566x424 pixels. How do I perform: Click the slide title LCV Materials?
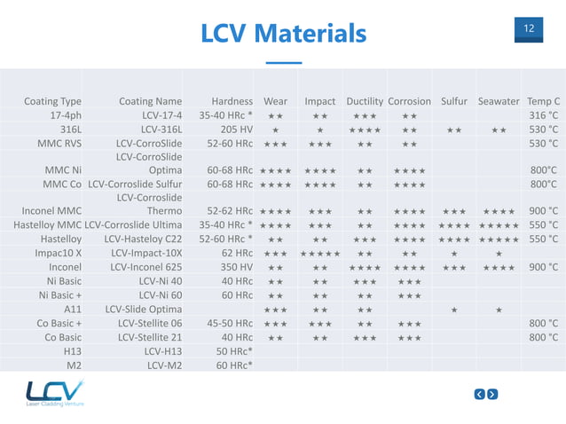click(x=283, y=34)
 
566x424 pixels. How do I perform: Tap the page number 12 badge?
click(x=529, y=29)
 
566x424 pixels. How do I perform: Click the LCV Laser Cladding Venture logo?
click(x=55, y=394)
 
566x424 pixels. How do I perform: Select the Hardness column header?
click(x=232, y=101)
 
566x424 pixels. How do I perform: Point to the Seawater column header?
click(x=499, y=101)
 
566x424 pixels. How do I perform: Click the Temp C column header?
click(x=543, y=101)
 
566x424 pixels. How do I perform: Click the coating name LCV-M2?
click(x=164, y=365)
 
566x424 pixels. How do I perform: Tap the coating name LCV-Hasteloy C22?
click(x=143, y=239)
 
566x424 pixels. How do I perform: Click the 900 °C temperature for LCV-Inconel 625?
click(x=542, y=267)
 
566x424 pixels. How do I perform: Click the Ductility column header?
click(x=364, y=101)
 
